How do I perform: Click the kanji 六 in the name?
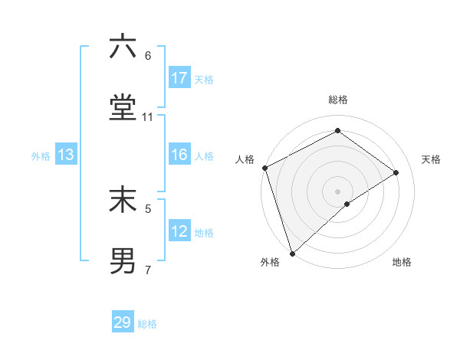point(123,48)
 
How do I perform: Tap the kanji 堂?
point(123,108)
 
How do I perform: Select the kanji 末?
point(123,200)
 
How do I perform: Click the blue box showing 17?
point(179,78)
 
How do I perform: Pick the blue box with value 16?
point(179,155)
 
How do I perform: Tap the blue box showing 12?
point(179,232)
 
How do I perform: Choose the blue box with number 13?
point(66,155)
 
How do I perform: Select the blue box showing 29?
point(123,322)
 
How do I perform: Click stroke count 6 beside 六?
point(148,56)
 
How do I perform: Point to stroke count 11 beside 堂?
point(148,117)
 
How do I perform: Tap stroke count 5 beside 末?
point(148,208)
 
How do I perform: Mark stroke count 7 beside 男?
point(148,270)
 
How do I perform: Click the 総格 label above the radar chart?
point(338,100)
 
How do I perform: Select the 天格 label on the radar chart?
point(431,159)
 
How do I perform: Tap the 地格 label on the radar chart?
point(402,262)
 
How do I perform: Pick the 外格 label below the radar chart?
point(270,262)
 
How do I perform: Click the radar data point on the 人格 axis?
point(264,168)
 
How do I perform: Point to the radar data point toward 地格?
point(347,204)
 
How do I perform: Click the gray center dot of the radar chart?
point(338,191)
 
